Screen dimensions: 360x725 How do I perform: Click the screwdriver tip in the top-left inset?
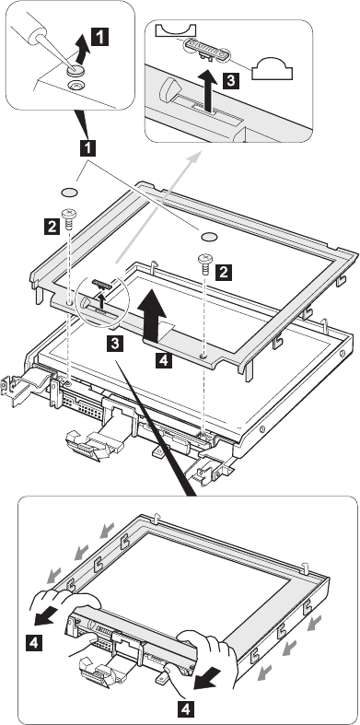pos(70,64)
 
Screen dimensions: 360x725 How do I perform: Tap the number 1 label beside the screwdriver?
pos(100,37)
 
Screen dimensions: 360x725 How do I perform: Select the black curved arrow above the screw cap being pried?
pos(82,51)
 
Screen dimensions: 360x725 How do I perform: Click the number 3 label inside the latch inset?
pos(230,80)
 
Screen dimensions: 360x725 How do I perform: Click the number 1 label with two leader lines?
pos(87,148)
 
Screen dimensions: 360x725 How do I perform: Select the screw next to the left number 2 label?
pos(68,218)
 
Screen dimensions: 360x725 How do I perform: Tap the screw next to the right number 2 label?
pos(204,263)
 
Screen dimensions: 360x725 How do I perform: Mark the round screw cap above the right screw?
pos(209,236)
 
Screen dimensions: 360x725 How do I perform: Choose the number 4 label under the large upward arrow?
pos(164,359)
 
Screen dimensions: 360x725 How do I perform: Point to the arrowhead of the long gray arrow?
pos(195,157)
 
